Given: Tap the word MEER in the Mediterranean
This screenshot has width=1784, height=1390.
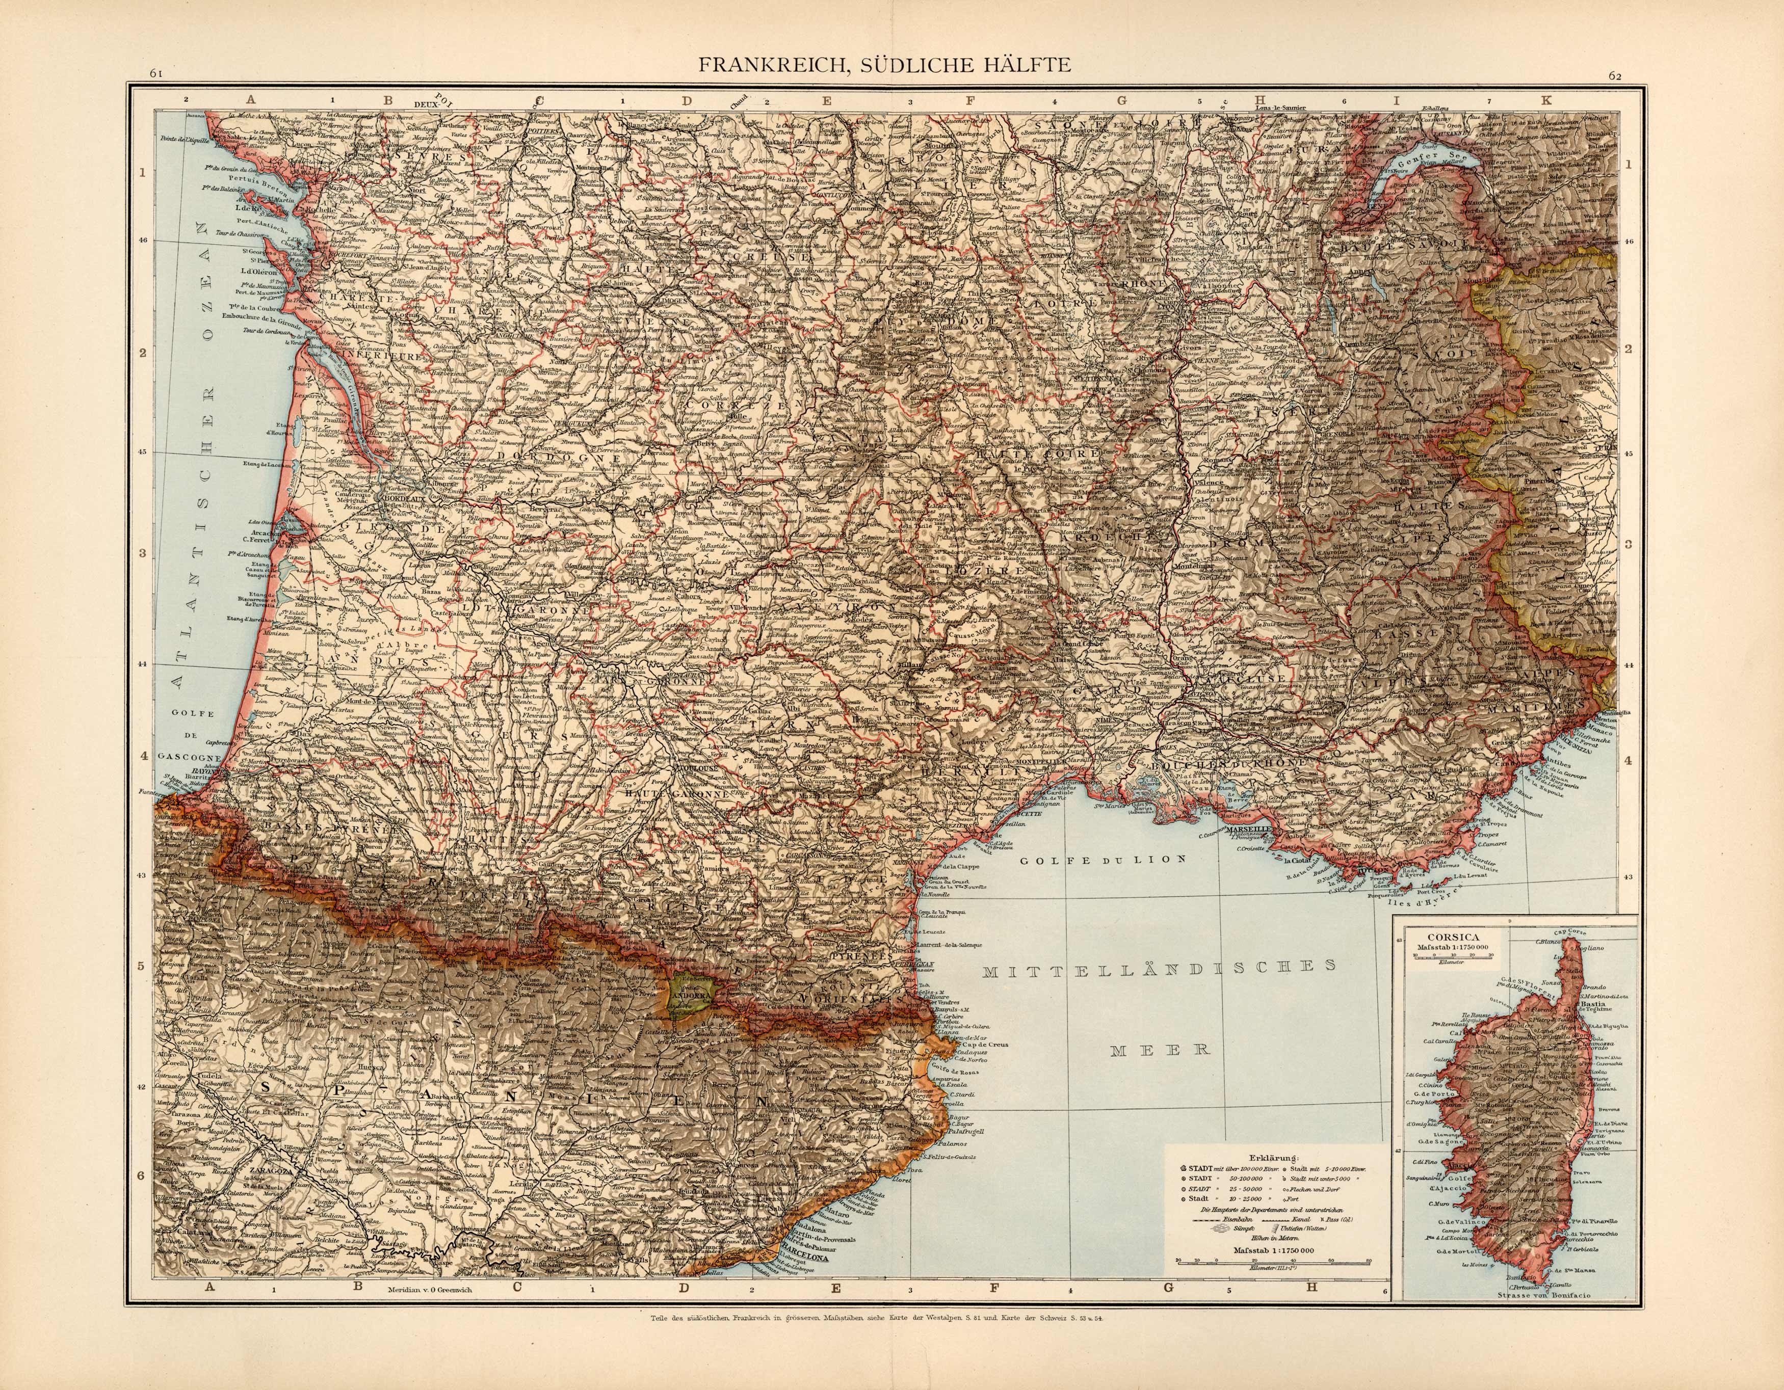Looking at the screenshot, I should coord(1160,1050).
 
